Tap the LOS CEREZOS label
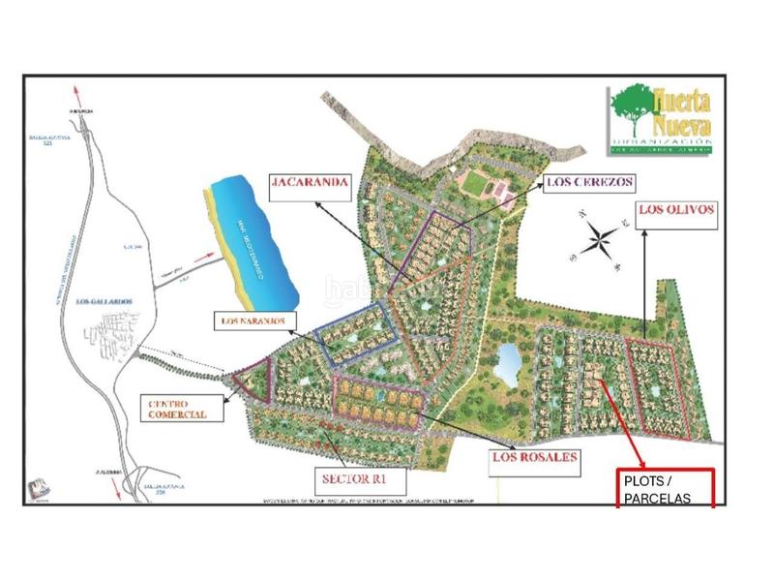(x=588, y=181)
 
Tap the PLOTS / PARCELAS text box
(x=666, y=488)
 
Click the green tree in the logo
(x=630, y=107)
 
